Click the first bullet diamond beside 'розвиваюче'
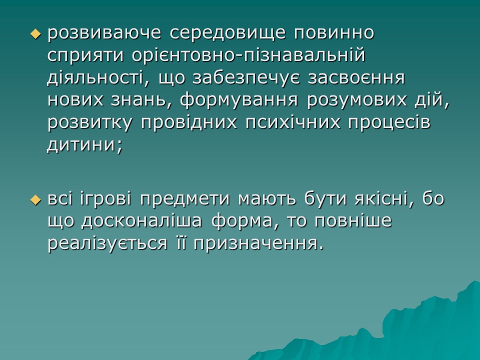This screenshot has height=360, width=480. [x=34, y=34]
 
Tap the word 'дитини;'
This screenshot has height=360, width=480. [x=84, y=144]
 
